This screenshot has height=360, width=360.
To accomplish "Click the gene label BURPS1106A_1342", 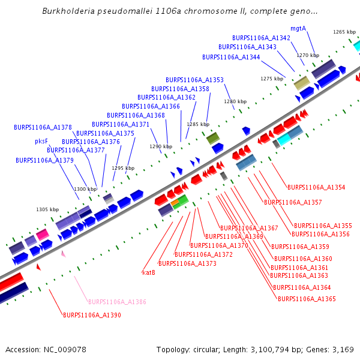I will click(261, 38).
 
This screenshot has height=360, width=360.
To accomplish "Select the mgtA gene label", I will click(298, 28).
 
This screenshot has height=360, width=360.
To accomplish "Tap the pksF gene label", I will click(41, 142).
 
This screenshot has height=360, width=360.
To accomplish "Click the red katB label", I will click(149, 272).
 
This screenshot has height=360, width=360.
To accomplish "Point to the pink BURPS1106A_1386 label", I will click(117, 302).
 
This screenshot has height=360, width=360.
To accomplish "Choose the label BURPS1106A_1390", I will click(92, 315).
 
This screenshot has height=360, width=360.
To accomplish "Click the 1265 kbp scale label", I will click(344, 32).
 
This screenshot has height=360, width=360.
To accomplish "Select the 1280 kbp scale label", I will click(235, 101).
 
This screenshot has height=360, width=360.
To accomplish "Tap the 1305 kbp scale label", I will click(47, 209).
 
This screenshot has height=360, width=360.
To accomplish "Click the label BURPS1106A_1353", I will click(194, 80).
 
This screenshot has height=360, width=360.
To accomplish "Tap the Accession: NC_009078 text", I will click(46, 349).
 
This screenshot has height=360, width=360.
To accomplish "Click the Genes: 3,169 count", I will click(334, 349).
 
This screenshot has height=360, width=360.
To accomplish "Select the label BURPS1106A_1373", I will click(187, 263).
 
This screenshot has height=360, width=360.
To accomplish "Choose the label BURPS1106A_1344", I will click(231, 57).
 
